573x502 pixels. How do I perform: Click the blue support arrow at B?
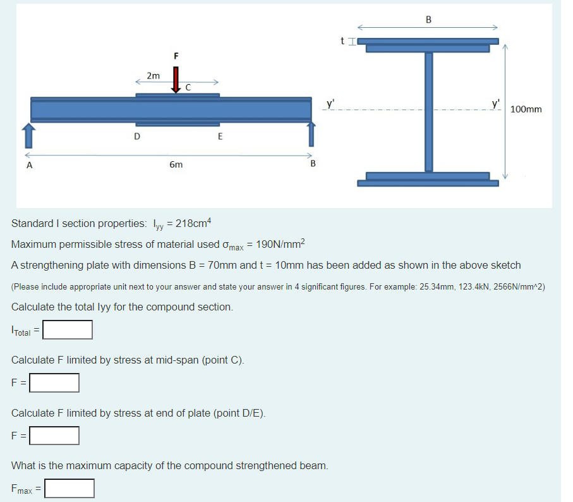tap(310, 135)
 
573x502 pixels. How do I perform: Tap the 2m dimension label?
tap(153, 75)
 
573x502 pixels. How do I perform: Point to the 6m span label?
tap(176, 164)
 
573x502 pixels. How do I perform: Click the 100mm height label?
tap(526, 109)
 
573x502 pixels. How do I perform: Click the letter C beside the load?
tap(188, 89)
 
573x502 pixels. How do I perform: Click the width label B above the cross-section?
tap(428, 19)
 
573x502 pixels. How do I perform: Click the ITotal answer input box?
tap(68, 329)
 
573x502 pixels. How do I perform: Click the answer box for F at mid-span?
tap(54, 383)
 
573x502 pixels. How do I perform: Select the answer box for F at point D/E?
tap(54, 436)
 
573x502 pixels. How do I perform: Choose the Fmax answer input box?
tap(69, 488)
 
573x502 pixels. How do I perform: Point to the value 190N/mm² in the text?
tap(280, 244)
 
